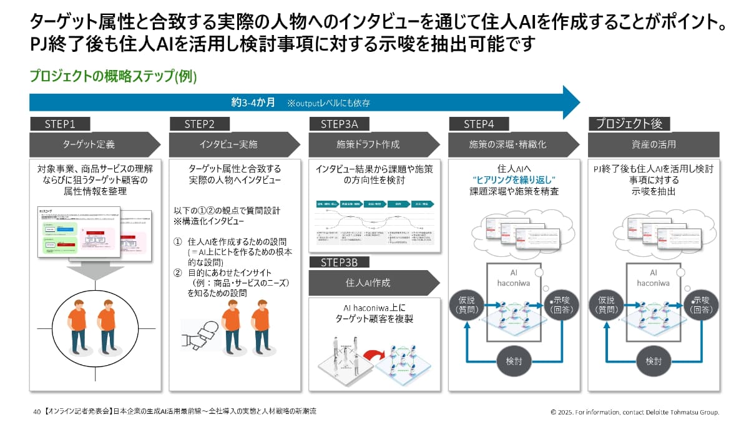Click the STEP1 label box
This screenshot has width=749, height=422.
tap(60, 124)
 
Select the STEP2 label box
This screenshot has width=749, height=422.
tap(200, 124)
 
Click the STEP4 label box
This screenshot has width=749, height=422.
tap(479, 124)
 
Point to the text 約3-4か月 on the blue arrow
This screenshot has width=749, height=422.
tap(253, 103)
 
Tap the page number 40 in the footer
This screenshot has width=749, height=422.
tap(37, 412)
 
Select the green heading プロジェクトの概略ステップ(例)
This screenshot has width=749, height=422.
tap(113, 76)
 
